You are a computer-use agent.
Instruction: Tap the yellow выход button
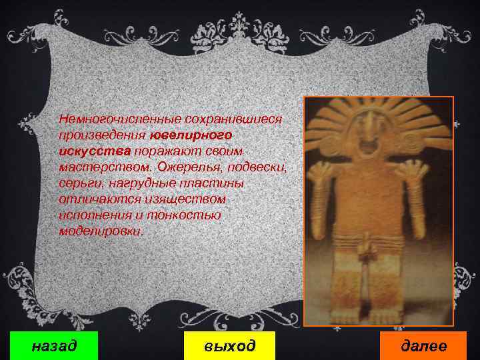pyautogui.click(x=219, y=345)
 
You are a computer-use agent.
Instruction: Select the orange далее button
pyautogui.click(x=423, y=345)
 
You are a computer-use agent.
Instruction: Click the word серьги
pyautogui.click(x=77, y=183)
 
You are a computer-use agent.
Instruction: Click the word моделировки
pyautogui.click(x=100, y=231)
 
